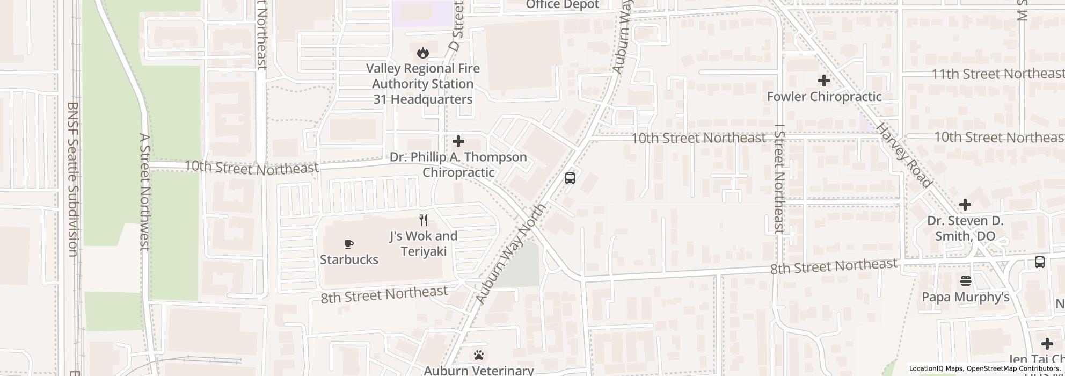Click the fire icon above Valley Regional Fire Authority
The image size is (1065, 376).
[423, 53]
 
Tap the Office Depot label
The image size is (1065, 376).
[562, 5]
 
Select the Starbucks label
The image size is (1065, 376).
[349, 259]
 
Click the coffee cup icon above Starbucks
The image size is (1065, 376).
[349, 244]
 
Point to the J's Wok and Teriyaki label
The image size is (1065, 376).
[424, 243]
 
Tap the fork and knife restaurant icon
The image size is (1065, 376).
[424, 220]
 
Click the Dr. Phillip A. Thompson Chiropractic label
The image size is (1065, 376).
[458, 164]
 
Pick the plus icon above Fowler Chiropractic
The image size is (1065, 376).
[823, 81]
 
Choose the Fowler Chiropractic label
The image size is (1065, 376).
[824, 97]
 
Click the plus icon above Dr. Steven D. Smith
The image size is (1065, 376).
[965, 205]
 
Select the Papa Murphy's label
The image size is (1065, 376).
[965, 297]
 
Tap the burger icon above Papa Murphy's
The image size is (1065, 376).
[965, 280]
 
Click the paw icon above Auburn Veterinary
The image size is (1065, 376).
[479, 355]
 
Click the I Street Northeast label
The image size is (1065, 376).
[780, 179]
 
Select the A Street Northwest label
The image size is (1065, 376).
[144, 192]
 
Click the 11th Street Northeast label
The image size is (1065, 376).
[997, 74]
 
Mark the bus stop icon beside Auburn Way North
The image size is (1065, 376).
[570, 178]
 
